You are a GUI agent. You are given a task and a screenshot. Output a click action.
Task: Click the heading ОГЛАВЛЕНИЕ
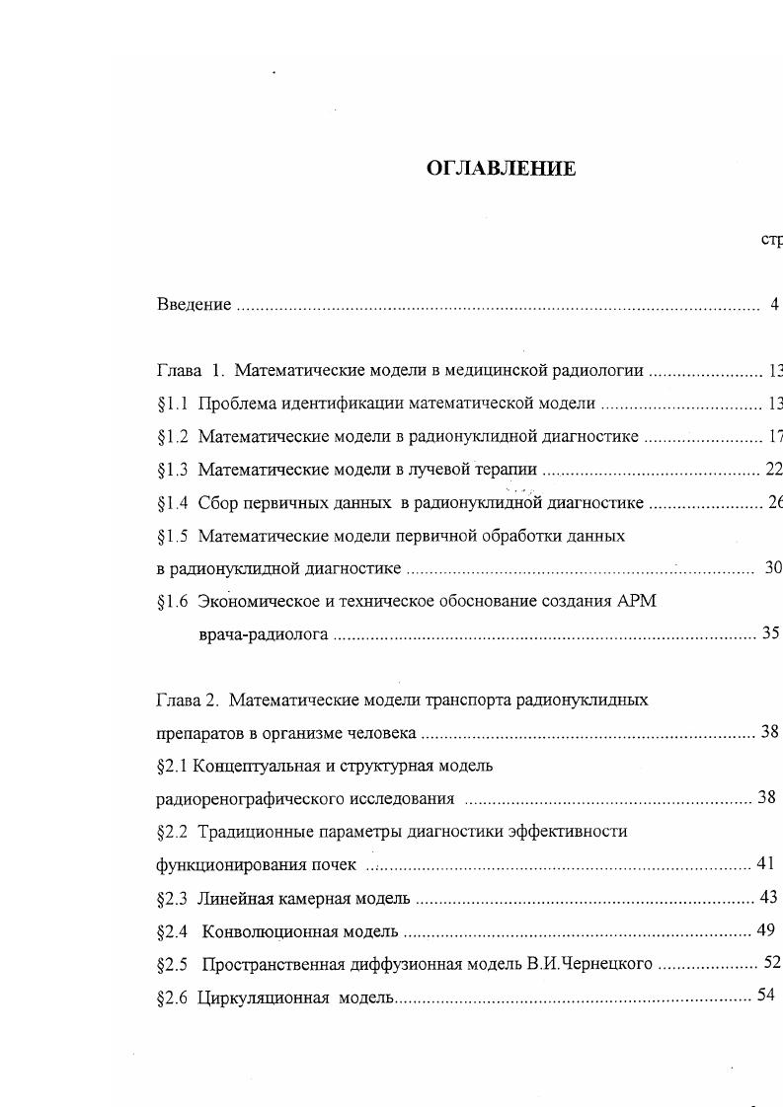tap(501, 169)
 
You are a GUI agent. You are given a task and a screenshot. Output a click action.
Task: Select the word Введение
tap(194, 305)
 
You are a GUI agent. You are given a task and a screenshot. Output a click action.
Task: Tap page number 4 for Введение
tap(775, 305)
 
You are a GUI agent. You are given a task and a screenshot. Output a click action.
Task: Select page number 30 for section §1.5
tap(773, 568)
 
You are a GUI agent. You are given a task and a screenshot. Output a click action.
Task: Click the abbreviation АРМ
tap(636, 602)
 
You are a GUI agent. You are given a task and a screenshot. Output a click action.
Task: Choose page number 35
tap(771, 634)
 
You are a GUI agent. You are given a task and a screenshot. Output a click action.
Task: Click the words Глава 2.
tap(186, 701)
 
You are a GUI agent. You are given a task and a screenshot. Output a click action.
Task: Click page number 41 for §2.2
tap(765, 864)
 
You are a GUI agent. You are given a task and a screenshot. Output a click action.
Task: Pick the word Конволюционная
tap(271, 931)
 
